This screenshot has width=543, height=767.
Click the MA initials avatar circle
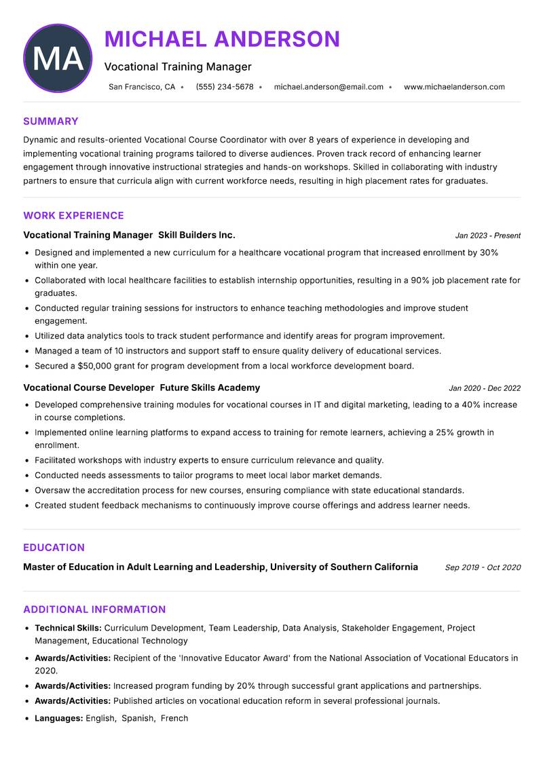pos(58,58)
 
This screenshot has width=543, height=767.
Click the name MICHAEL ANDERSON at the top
pos(222,39)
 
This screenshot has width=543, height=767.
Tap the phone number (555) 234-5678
pos(224,87)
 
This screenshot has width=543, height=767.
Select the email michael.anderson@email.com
pos(329,87)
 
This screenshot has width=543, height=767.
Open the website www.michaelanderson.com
pos(454,87)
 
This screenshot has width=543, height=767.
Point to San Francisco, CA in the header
pos(142,87)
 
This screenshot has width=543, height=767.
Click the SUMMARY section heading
pos(51,121)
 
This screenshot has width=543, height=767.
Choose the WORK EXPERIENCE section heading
pos(73,216)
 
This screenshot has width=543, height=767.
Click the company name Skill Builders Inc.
pos(197,235)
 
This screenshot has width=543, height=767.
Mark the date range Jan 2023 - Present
pos(487,236)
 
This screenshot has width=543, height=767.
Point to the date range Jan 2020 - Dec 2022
pos(485,388)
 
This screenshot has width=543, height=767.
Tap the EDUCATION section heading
pos(54,548)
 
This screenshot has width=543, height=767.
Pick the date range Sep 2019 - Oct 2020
pos(483,567)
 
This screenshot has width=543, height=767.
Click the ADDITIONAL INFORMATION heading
pos(94,610)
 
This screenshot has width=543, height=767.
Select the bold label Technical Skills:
pos(68,629)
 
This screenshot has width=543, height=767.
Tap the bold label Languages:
pos(58,718)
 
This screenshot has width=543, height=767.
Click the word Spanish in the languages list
pos(138,718)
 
